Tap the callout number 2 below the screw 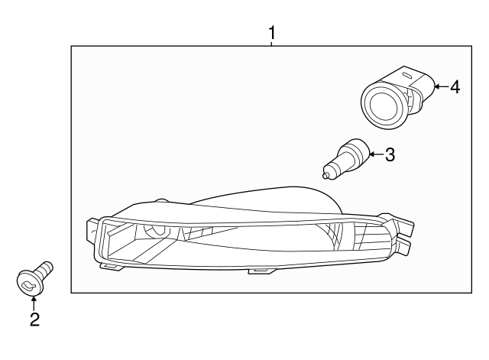click(34, 319)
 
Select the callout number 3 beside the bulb click(390, 155)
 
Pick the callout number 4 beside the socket click(455, 87)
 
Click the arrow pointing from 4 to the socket click(438, 87)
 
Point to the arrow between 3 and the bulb click(374, 155)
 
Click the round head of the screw click(28, 284)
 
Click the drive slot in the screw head click(28, 286)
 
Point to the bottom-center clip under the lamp click(258, 269)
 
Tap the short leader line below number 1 click(271, 43)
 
